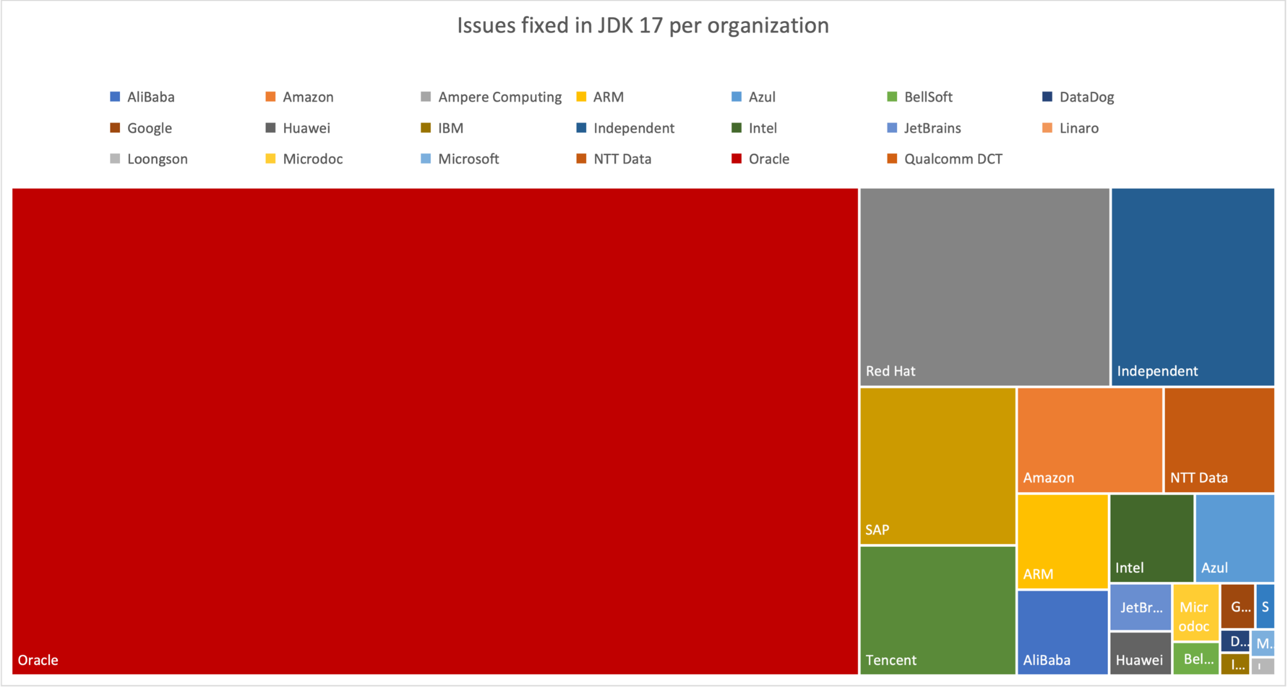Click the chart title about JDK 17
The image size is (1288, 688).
tap(642, 25)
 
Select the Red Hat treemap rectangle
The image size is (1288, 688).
tap(984, 287)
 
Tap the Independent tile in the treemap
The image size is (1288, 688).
tap(1192, 287)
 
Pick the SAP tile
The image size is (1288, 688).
tap(937, 466)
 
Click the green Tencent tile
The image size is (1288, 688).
tap(937, 610)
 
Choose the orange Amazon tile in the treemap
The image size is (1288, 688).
tap(1089, 440)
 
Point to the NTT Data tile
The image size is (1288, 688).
tap(1218, 440)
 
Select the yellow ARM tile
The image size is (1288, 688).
tap(1062, 541)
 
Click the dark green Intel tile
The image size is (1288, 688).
tap(1151, 538)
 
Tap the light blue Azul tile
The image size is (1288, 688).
tap(1235, 538)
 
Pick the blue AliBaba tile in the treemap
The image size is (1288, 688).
tap(1062, 631)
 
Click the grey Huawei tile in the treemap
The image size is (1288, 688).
tap(1140, 653)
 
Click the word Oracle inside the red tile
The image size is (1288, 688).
tap(38, 660)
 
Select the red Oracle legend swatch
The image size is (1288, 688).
tap(736, 159)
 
